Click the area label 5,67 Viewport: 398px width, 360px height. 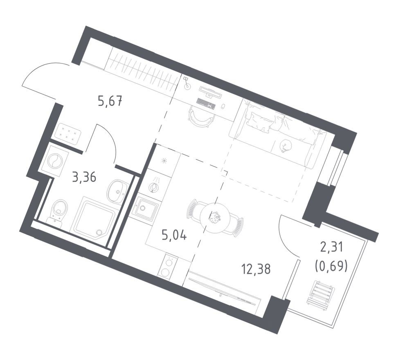tap(110, 101)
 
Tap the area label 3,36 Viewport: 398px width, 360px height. tap(84, 178)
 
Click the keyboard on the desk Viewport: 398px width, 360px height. tap(206, 103)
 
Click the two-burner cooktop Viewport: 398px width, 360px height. tap(168, 266)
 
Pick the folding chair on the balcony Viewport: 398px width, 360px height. tap(321, 293)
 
